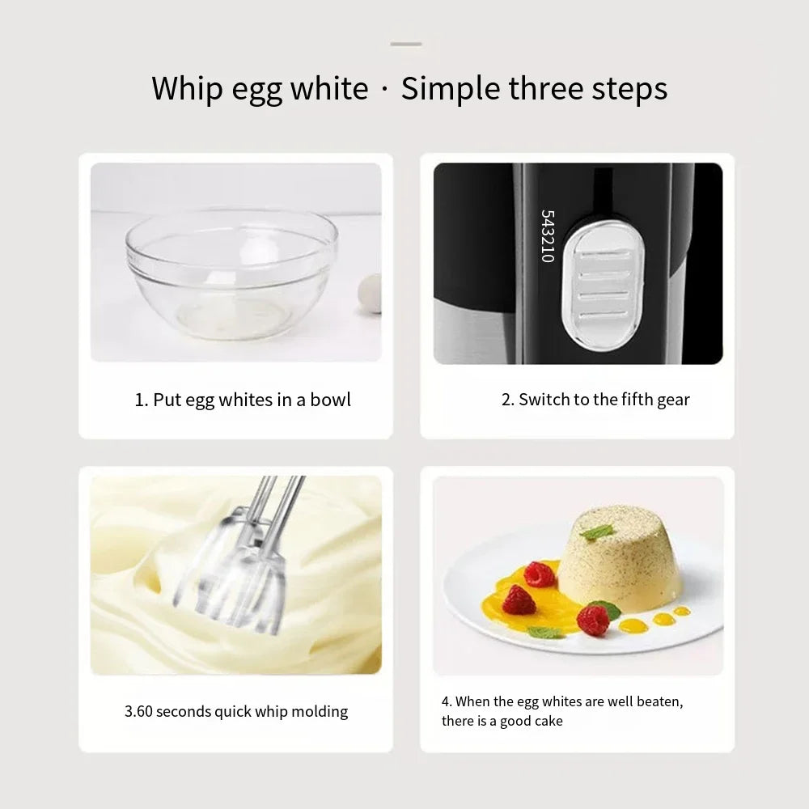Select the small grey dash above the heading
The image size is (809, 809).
(x=406, y=44)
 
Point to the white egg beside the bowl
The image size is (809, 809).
(x=371, y=293)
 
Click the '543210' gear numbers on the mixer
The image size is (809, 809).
(x=548, y=236)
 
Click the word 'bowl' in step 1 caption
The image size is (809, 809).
(x=330, y=400)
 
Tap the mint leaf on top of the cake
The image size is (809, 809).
(x=597, y=532)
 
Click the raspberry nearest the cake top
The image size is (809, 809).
(x=540, y=574)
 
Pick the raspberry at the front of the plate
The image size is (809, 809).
(x=593, y=621)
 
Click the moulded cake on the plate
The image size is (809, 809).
(x=619, y=558)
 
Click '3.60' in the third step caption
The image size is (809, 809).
(x=138, y=712)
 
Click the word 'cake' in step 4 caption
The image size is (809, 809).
(x=548, y=721)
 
